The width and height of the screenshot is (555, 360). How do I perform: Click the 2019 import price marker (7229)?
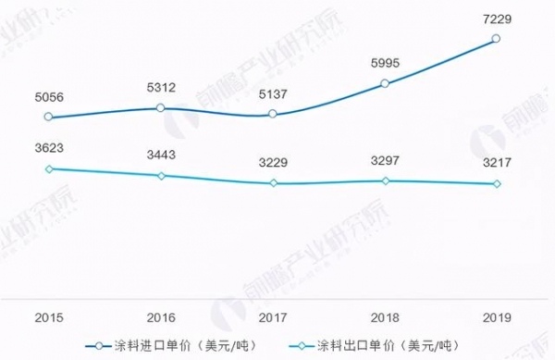497,39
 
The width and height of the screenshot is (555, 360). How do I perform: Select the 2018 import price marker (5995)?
385,84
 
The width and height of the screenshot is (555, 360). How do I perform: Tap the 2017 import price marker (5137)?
273,114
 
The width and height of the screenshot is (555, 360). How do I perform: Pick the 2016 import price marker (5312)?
161,108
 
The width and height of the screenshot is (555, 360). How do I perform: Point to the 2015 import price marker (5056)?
49,118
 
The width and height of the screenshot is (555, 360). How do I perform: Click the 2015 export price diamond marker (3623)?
49,168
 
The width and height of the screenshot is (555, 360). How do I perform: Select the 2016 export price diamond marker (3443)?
161,176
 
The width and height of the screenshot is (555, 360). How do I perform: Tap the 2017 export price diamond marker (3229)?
273,183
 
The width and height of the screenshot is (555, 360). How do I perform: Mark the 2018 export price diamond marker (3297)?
385,180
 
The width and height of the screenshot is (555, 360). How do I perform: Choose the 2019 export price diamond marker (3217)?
497,183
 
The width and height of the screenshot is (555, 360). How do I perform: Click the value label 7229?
497,16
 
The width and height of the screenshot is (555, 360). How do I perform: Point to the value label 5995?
385,63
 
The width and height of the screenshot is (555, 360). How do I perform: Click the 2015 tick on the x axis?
49,317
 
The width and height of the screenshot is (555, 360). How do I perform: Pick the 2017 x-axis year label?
273,317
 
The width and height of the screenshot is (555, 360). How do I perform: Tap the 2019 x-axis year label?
497,317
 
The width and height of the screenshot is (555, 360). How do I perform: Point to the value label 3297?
385,163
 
